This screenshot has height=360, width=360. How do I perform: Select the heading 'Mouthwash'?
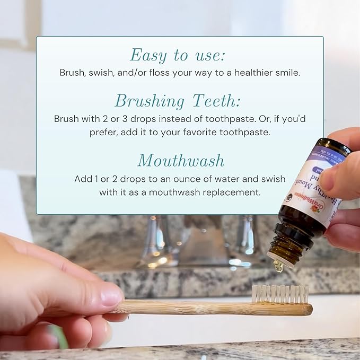click(x=180, y=160)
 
